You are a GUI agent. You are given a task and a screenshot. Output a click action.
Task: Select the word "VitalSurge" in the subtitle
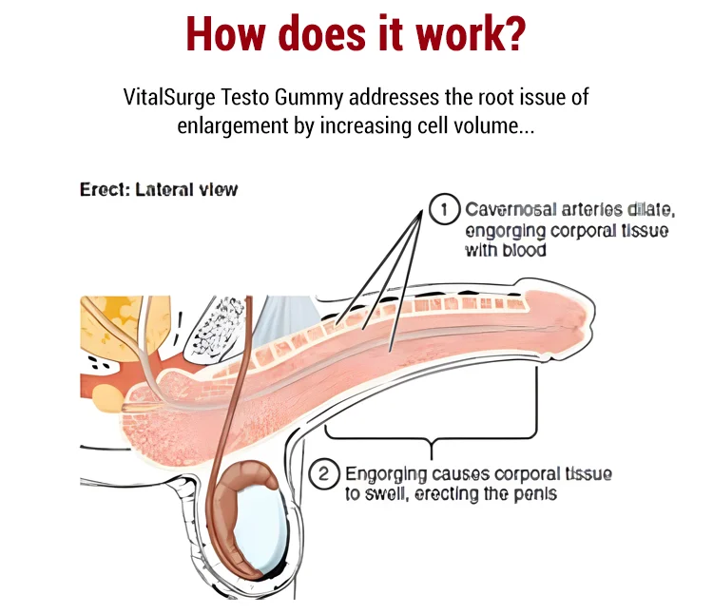167,97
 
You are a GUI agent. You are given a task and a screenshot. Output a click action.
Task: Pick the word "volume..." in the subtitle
488,125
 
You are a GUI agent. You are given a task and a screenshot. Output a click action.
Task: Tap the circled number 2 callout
323,473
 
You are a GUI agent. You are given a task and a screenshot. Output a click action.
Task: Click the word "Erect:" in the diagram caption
104,189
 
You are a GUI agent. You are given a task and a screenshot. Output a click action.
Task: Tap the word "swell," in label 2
388,493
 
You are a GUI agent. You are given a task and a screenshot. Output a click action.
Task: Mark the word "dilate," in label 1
646,210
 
